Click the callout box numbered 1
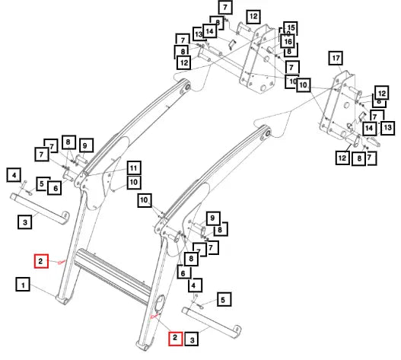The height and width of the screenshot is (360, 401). click(23, 284)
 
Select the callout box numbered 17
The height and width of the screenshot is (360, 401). click(336, 58)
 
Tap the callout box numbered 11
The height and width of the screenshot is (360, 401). click(133, 168)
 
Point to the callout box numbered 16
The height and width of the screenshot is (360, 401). click(288, 41)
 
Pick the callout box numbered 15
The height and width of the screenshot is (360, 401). click(291, 27)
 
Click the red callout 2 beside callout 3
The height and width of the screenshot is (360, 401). click(176, 339)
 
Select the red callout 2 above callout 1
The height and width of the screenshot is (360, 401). click(41, 261)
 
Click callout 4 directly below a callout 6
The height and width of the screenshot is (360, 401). click(195, 285)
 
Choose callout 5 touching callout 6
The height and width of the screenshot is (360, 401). click(42, 183)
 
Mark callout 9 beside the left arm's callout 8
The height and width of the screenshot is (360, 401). click(86, 145)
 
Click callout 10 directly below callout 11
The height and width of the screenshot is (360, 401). click(133, 182)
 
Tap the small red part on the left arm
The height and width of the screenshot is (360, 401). click(62, 262)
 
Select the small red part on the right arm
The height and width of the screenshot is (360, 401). click(154, 317)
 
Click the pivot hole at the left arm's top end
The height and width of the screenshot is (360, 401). click(187, 87)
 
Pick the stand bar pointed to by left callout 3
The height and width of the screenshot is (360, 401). click(40, 209)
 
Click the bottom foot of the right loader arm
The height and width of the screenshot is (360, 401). click(142, 346)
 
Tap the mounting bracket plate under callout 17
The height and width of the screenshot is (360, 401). click(337, 107)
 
